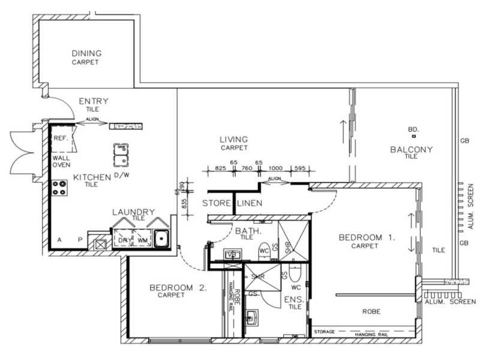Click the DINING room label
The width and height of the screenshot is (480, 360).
[x=86, y=53]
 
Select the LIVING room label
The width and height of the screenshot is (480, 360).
[x=234, y=140]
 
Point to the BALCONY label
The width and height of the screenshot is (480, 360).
[x=412, y=149]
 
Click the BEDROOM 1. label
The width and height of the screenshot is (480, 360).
[x=367, y=238]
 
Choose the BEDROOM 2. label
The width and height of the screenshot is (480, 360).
[x=178, y=288]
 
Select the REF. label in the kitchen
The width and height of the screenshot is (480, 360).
[x=61, y=137]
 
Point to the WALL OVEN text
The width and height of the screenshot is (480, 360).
[x=62, y=161]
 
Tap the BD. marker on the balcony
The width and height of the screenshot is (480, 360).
[x=413, y=130]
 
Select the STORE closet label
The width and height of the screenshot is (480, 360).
[x=216, y=203]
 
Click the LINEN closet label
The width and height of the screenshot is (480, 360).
[x=250, y=203]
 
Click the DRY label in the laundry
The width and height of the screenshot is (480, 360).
[x=124, y=240]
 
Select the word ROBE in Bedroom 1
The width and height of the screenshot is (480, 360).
[x=372, y=311]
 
